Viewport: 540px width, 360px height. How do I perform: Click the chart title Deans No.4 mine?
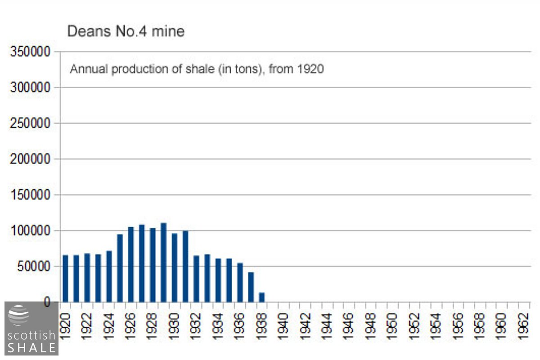point(126,31)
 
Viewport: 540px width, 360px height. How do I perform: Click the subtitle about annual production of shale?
point(197,70)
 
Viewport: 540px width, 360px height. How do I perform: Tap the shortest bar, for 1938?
point(261,297)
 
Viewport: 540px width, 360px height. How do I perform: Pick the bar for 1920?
point(65,279)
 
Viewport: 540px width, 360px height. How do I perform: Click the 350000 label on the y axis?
point(30,51)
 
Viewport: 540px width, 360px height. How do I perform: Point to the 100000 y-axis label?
point(30,230)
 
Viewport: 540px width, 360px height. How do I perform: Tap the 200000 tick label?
point(30,159)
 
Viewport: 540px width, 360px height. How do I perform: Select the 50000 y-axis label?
point(33,266)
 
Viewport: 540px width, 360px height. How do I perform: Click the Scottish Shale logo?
point(31,328)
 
